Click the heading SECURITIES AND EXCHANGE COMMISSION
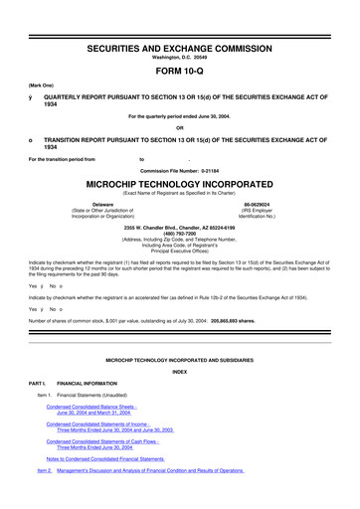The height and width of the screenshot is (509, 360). [x=179, y=20]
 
